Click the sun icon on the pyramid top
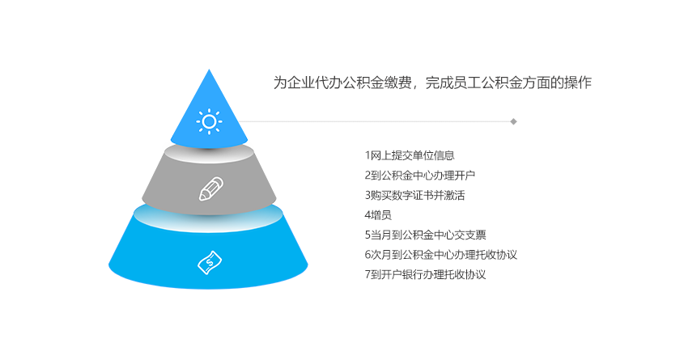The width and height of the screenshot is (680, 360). coord(209,121)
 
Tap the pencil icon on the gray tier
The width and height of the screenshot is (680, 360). coord(211,188)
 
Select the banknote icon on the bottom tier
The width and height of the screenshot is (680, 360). coord(210,263)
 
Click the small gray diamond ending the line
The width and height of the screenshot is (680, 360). coord(513,121)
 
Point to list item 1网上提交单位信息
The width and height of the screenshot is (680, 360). coord(410,155)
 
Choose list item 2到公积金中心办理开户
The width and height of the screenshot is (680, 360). coord(420,176)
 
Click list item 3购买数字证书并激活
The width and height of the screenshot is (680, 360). coord(414,196)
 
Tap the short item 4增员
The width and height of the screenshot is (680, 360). coord(378,215)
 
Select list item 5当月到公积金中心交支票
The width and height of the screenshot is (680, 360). coord(425,235)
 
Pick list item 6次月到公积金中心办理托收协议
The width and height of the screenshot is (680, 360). coord(440,255)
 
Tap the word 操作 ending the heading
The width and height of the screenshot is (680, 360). coord(578,83)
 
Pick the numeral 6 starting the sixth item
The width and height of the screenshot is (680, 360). coord(368,255)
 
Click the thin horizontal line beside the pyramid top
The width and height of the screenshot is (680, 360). coord(375,121)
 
